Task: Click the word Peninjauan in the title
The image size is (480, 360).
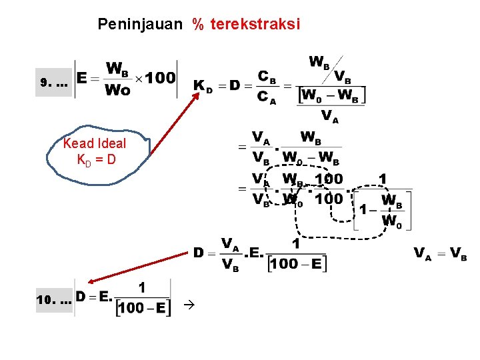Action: click(139, 25)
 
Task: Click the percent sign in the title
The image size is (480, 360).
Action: click(198, 25)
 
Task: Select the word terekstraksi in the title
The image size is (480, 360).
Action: click(255, 25)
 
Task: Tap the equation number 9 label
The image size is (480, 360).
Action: click(45, 84)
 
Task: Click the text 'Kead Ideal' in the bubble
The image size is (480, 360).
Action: click(94, 143)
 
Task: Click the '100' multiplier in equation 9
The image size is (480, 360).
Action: click(161, 79)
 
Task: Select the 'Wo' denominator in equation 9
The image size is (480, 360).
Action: click(118, 91)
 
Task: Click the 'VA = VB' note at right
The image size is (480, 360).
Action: click(441, 253)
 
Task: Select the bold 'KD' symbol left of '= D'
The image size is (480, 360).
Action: click(203, 86)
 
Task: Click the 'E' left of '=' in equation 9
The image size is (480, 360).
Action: click(83, 79)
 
